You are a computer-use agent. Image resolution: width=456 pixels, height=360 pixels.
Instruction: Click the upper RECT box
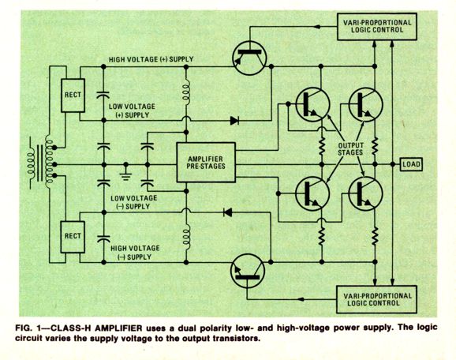point(73,96)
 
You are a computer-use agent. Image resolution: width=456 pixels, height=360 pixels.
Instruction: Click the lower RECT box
point(73,237)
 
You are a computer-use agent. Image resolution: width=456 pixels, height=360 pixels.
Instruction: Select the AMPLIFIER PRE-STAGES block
point(206,163)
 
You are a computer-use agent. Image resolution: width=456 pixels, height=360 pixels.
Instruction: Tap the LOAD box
point(411,164)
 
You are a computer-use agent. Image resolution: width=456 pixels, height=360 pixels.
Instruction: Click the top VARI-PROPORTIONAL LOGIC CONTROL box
point(377,27)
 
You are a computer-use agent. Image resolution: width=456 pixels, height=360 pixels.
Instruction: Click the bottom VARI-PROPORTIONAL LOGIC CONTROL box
point(376,299)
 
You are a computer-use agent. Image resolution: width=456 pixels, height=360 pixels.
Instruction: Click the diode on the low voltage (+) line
point(234,121)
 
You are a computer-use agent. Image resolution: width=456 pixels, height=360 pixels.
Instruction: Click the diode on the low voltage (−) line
point(227,212)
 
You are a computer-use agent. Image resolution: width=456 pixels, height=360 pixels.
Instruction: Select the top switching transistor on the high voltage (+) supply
point(249,58)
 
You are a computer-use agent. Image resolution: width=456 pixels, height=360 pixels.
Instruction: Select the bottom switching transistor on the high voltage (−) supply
point(248,271)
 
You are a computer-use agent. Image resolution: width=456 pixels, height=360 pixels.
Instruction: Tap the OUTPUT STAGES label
point(350,148)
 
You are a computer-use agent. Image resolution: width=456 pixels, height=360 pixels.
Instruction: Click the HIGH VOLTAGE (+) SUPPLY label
point(151,59)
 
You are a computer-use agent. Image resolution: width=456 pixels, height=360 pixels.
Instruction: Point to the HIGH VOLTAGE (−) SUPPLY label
point(135,253)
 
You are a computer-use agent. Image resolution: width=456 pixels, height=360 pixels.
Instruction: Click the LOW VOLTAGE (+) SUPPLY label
point(132,111)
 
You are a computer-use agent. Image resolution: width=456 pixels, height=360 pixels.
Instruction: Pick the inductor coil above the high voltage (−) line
point(186,236)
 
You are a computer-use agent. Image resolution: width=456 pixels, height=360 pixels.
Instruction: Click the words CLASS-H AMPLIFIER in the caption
point(96,328)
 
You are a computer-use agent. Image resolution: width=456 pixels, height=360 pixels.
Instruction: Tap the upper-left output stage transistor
point(312,104)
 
